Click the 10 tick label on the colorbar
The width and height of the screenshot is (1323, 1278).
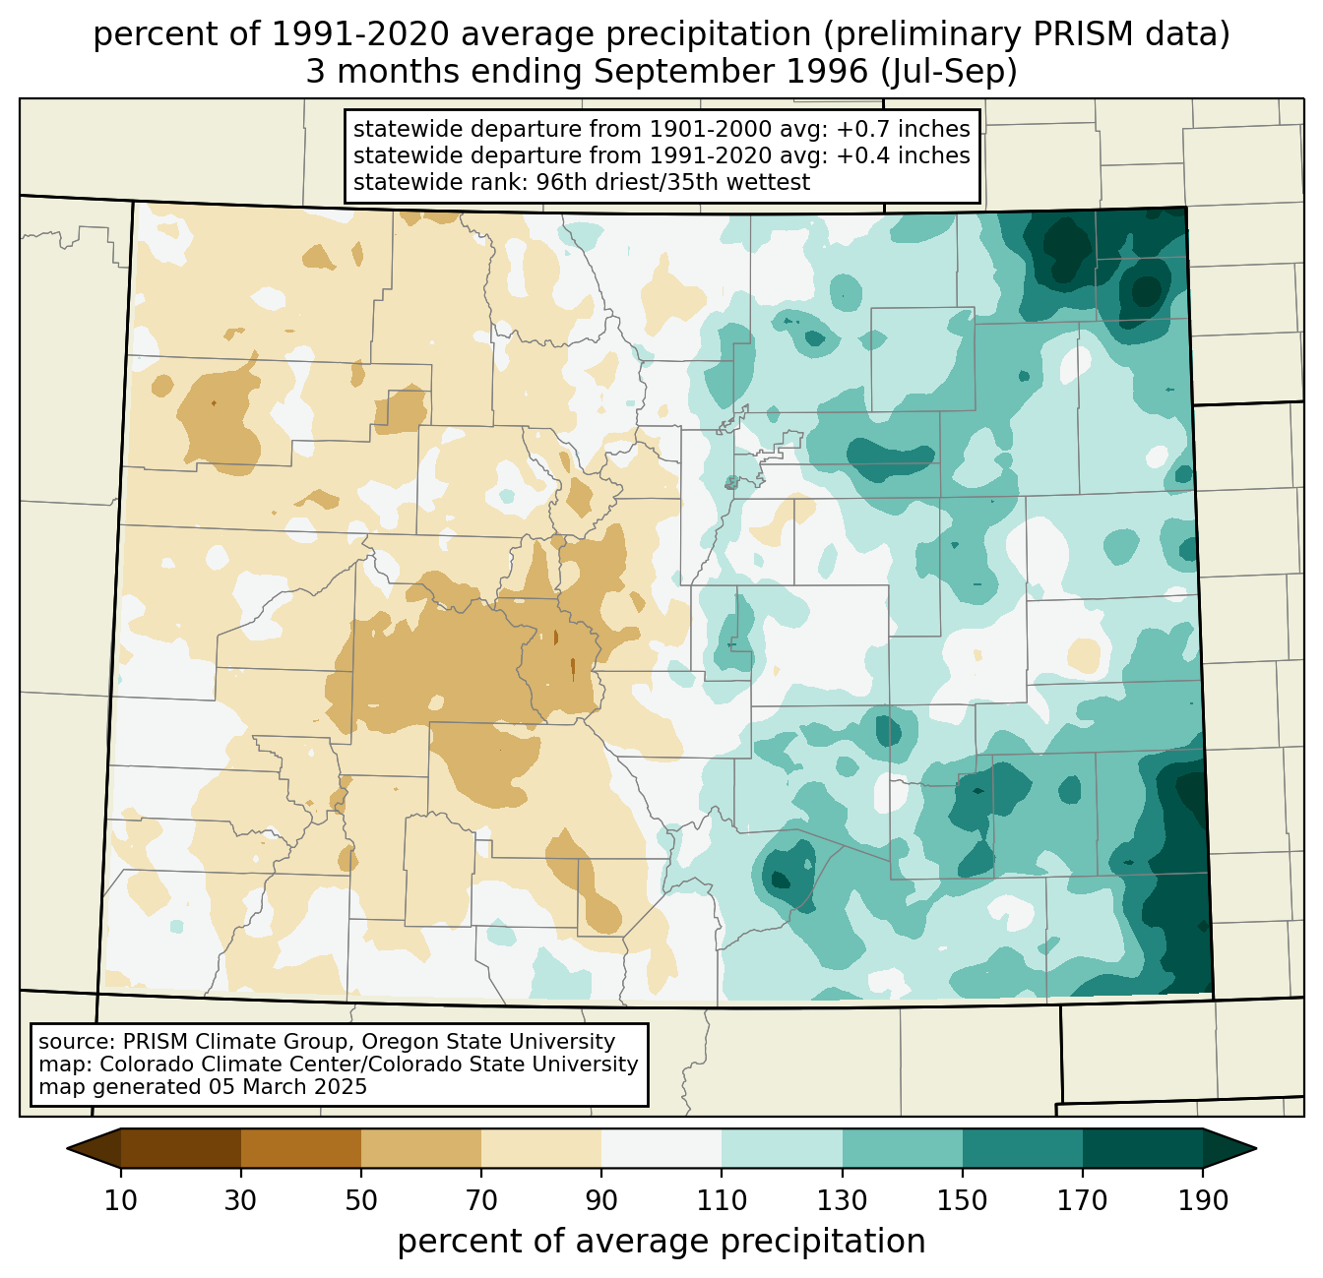click(121, 1200)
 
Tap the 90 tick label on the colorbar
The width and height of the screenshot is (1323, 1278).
click(601, 1200)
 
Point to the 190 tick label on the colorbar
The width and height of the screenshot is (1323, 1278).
click(1203, 1200)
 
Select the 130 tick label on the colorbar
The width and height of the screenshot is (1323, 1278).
click(843, 1200)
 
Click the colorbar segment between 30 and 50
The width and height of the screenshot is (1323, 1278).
click(301, 1148)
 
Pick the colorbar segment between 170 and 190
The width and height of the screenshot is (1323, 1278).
click(1143, 1148)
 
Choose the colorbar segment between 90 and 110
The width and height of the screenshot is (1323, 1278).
click(661, 1148)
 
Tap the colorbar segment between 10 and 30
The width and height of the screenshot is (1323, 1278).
click(181, 1148)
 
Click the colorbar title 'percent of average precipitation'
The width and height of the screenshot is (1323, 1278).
click(661, 1242)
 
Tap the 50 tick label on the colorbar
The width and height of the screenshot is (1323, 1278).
click(361, 1200)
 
